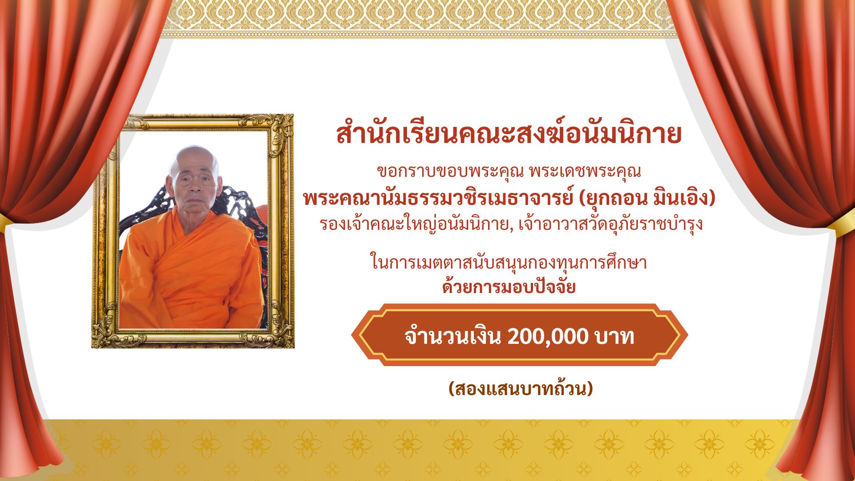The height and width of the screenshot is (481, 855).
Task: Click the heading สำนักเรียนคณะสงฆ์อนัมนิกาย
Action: click(509, 134)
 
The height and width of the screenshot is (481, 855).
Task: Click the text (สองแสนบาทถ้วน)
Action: click(521, 389)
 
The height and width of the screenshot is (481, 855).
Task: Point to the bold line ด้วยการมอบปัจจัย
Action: click(509, 286)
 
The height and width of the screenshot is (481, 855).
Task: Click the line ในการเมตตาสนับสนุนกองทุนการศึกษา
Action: click(509, 262)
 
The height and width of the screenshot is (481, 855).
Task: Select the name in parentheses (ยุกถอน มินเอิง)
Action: click(647, 198)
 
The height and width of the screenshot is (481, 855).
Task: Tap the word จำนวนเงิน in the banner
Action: click(453, 336)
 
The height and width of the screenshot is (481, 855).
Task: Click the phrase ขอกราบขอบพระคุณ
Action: click(450, 171)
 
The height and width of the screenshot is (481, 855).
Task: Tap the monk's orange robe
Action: click(191, 272)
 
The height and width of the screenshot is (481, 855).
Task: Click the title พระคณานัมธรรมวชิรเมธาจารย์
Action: click(438, 198)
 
